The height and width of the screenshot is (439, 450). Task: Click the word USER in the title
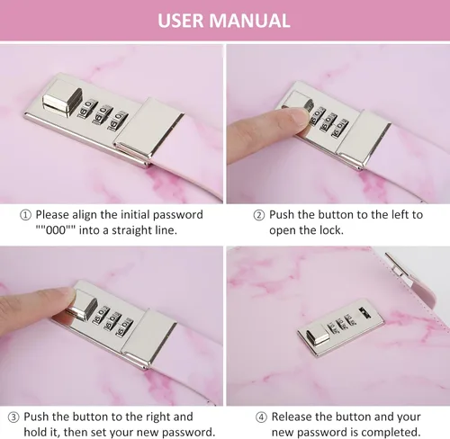180,21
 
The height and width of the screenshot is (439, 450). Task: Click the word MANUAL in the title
249,21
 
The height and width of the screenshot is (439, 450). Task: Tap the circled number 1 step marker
25,215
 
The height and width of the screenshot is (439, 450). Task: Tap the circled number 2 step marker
259,215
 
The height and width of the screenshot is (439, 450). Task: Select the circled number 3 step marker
13,417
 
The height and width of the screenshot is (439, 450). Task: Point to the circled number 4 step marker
261,417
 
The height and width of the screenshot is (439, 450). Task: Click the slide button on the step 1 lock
62,101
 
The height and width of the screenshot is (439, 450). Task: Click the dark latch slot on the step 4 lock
364,312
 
